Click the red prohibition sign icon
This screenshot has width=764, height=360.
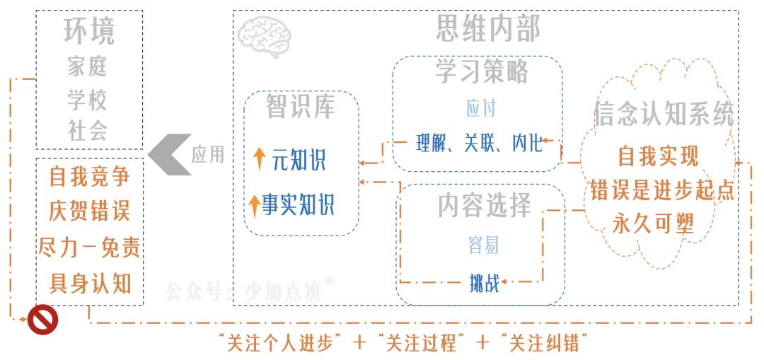click(x=42, y=320)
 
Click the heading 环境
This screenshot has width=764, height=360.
click(x=89, y=32)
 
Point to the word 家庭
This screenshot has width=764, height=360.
click(x=88, y=67)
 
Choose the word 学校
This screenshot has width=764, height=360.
click(x=88, y=100)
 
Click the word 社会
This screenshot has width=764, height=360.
click(x=88, y=132)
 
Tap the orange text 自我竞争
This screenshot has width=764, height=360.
click(x=89, y=176)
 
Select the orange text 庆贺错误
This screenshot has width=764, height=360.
click(x=89, y=211)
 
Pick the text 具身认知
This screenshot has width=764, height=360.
click(x=89, y=283)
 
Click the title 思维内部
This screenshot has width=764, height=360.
click(x=488, y=28)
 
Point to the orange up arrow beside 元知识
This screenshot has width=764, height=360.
click(x=259, y=159)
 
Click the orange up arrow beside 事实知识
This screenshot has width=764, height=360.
click(x=255, y=205)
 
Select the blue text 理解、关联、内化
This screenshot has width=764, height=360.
click(x=480, y=144)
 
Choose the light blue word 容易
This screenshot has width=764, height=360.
click(x=484, y=245)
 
